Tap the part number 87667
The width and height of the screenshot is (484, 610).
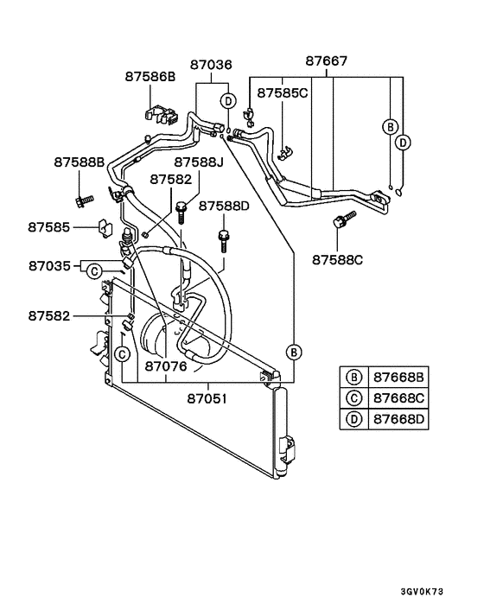pos(327,61)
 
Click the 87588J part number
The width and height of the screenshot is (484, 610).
pos(198,162)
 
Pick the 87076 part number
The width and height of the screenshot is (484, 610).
pos(165,366)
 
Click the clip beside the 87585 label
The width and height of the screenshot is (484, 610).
pos(103,228)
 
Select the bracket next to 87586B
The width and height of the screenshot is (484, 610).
pos(155,112)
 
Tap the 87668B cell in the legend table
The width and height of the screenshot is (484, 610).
pos(398,378)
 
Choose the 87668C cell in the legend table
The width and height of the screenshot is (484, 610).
pos(398,398)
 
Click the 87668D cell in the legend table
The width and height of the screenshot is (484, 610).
pos(398,420)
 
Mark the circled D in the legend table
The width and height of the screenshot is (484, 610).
pos(353,420)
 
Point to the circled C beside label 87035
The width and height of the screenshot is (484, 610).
pos(93,271)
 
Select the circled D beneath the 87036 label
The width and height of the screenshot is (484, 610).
pos(227,100)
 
